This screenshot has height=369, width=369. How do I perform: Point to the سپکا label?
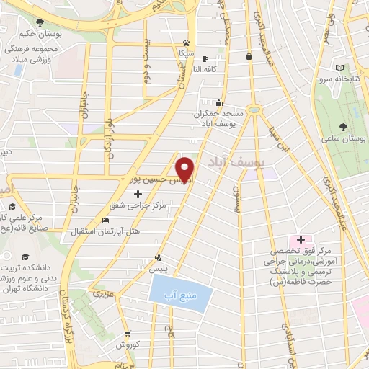tap(187, 53)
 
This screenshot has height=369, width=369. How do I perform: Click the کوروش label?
tap(128, 344)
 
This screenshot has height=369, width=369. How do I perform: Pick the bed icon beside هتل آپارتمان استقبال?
tap(106, 220)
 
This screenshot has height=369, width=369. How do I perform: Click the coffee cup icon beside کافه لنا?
tap(205, 59)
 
